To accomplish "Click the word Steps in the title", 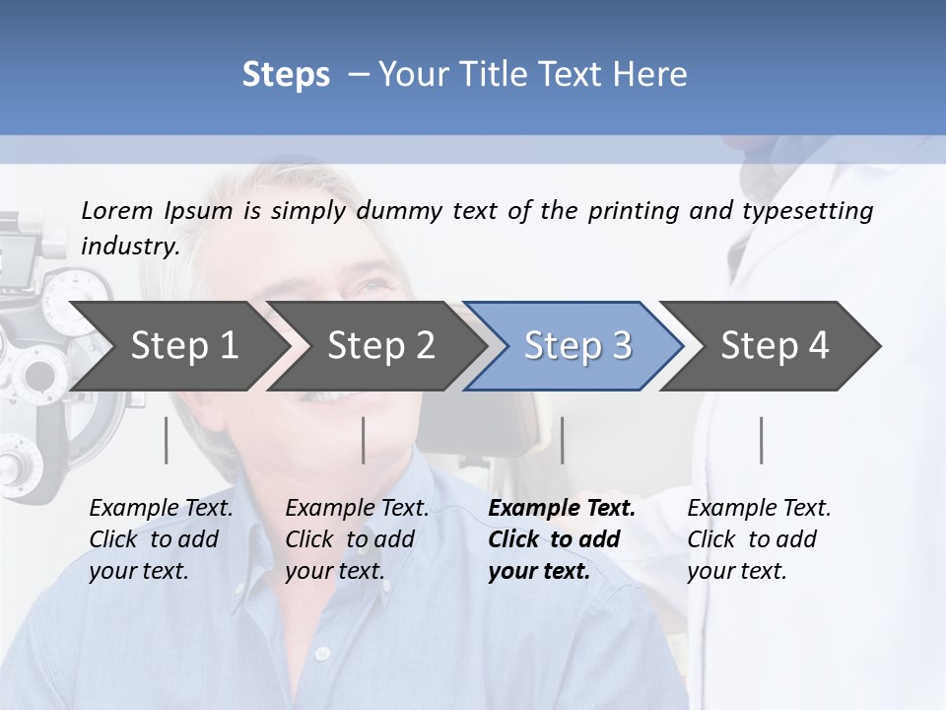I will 286,74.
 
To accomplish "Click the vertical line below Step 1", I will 167,440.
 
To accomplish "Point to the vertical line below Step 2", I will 364,440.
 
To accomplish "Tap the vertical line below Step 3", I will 562,440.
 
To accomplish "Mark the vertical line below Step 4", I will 761,440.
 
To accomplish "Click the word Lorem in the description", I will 117,210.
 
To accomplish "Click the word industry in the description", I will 130,246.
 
